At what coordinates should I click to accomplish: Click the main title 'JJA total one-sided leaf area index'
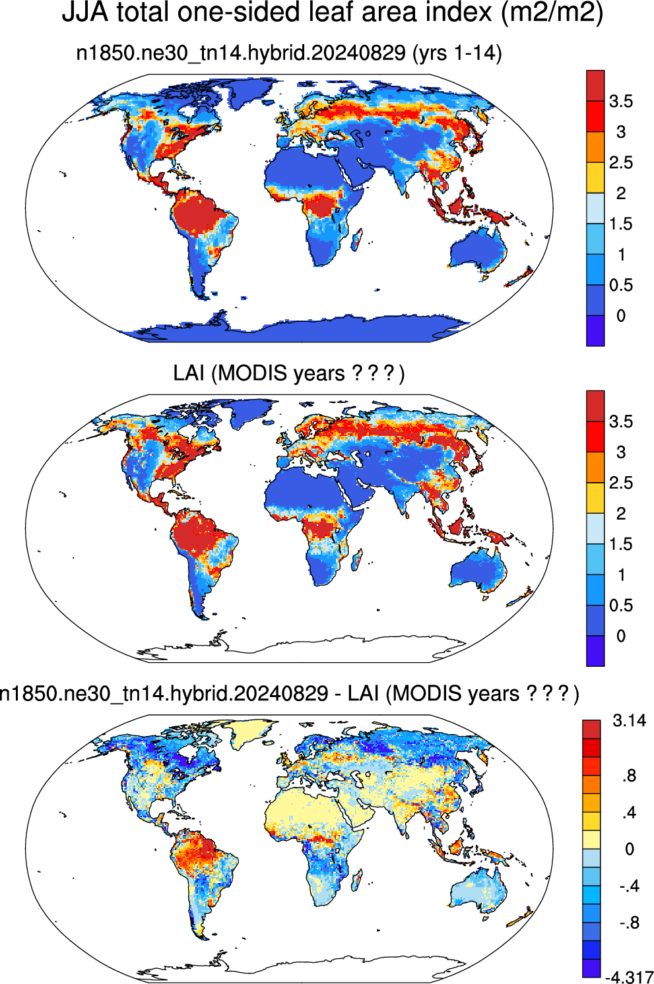(x=276, y=13)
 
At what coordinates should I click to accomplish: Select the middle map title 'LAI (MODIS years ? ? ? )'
(x=289, y=373)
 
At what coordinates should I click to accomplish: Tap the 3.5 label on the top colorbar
(x=620, y=102)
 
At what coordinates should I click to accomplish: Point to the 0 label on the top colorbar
(x=620, y=315)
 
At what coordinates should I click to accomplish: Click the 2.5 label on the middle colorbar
(x=620, y=483)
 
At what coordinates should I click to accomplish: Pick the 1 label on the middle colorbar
(x=621, y=574)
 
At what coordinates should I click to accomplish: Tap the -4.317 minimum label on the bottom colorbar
(x=629, y=977)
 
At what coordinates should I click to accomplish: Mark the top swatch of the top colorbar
(x=595, y=86)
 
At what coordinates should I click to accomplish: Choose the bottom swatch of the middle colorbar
(x=595, y=651)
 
